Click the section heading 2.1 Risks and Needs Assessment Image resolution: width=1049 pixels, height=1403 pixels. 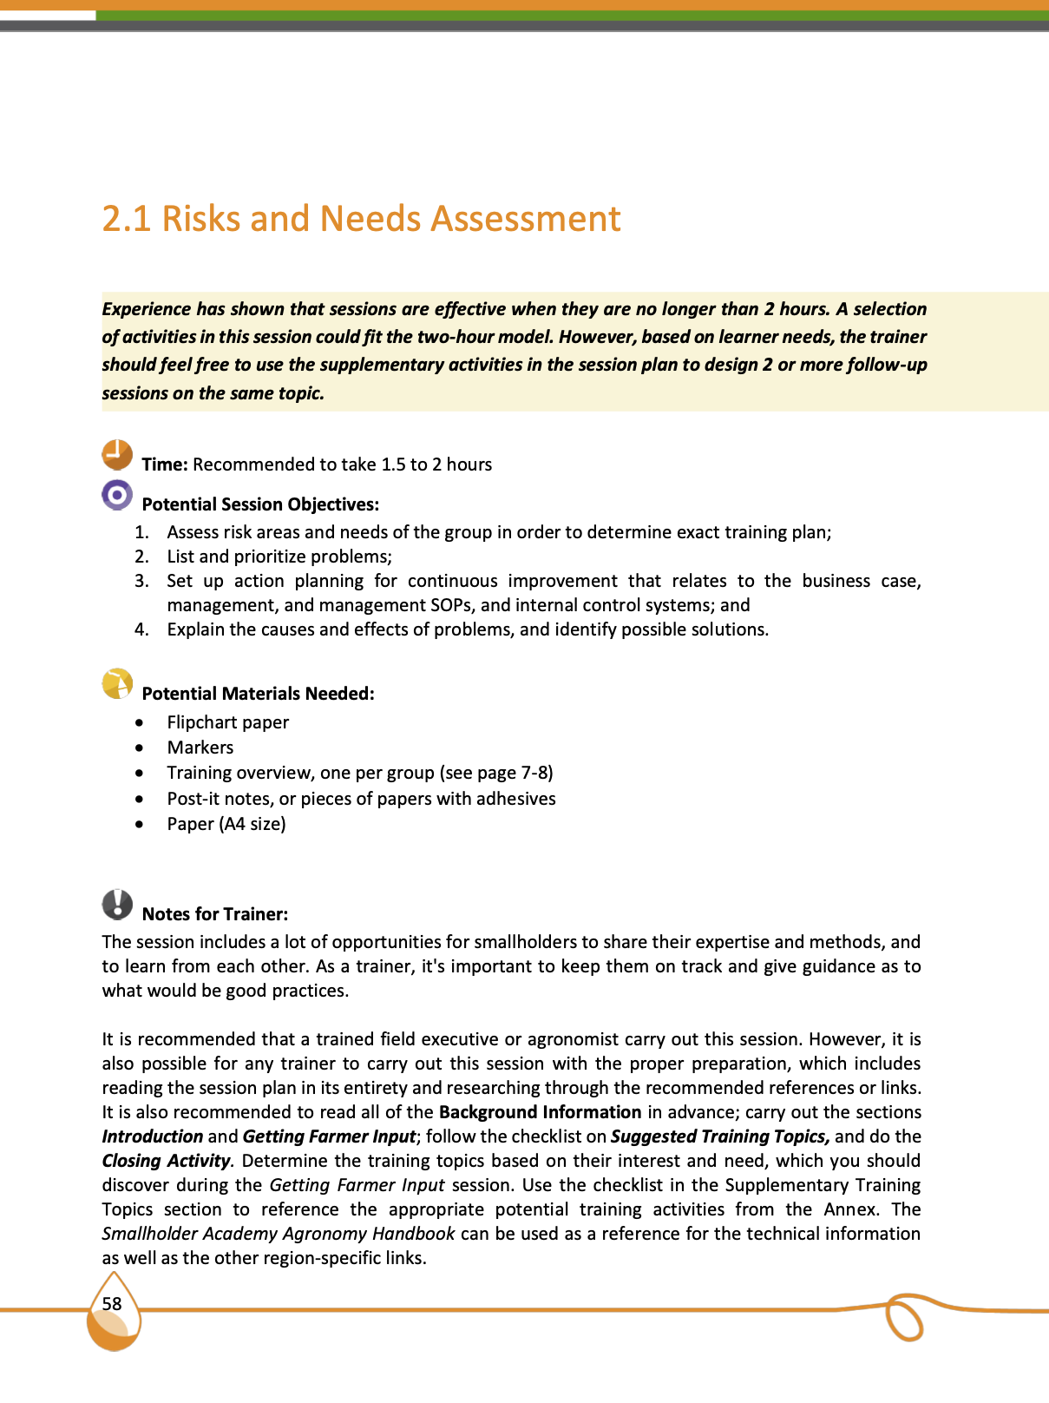coord(361,219)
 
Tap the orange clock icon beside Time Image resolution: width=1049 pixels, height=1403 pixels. coord(117,454)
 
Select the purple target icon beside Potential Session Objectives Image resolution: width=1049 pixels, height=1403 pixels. coord(117,495)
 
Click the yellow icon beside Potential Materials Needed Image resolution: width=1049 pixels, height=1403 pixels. coord(117,683)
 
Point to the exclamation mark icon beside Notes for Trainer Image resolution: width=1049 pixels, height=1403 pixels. coord(117,904)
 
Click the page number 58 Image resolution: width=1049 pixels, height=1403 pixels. coord(112,1304)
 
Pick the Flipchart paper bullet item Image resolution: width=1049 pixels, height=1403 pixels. coord(227,722)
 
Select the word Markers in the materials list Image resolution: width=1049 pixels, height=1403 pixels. coord(200,748)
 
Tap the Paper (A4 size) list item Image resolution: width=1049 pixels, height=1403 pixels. coord(226,824)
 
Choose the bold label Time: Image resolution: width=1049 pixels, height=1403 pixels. coord(165,464)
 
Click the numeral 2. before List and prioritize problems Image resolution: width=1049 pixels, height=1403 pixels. coord(141,557)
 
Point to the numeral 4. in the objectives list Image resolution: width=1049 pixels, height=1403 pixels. coord(141,629)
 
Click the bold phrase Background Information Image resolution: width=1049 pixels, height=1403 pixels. coord(540,1112)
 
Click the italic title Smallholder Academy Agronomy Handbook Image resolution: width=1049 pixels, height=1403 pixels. coord(279,1234)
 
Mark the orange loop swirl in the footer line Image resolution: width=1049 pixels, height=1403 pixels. coord(903,1318)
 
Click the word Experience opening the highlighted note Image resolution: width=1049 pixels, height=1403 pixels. coord(146,309)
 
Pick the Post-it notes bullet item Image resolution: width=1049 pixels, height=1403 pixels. coord(361,799)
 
